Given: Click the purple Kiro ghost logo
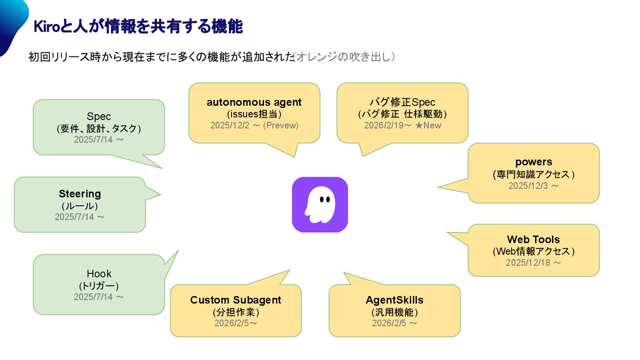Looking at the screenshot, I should pos(320,204).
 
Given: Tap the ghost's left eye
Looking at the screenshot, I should pos(321,200).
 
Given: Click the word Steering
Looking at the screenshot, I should pos(80,194).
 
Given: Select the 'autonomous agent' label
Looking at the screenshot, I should pos(254,103).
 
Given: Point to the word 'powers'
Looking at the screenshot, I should pos(534,162).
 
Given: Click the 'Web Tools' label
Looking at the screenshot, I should pos(533,240).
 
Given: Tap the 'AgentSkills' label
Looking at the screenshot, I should pos(395,300).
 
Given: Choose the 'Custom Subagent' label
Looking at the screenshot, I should pos(236,300).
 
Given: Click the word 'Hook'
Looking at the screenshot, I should pos(99,274).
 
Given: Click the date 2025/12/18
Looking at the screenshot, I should pos(528,263).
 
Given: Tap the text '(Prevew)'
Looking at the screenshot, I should pos(281,125).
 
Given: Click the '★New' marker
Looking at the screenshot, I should pos(428,125).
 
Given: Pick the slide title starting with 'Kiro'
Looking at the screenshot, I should pos(138,27).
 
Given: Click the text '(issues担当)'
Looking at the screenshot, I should pos(254,114).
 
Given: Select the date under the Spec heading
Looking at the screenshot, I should pos(94,140).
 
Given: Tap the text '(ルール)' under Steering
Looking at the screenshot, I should pos(80,206).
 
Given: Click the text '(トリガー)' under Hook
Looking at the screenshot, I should pos(99,285).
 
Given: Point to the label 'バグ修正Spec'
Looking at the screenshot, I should pos(403,103).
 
